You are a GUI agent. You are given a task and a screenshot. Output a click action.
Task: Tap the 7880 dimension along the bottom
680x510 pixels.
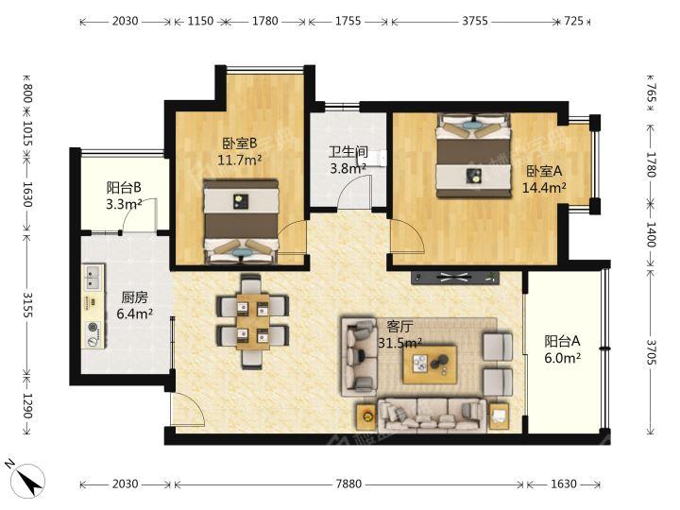(348, 484)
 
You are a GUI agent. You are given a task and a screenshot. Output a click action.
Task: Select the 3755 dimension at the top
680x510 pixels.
(474, 21)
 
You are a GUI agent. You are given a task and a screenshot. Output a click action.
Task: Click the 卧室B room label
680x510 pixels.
(240, 143)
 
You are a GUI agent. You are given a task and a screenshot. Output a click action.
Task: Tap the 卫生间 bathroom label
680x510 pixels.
(348, 152)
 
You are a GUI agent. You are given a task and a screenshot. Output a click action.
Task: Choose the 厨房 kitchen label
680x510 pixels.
(134, 297)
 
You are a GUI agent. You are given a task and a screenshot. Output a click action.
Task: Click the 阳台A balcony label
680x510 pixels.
(562, 341)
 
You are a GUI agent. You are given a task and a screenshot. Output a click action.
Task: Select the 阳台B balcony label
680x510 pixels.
(124, 188)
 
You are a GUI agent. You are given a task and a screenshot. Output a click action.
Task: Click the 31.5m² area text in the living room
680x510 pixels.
(399, 343)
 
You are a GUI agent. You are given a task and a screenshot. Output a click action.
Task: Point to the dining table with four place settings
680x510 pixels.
(252, 322)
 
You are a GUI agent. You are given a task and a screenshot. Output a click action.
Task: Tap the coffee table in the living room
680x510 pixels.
(430, 365)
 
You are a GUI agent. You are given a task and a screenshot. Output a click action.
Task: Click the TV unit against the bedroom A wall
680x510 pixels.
(455, 278)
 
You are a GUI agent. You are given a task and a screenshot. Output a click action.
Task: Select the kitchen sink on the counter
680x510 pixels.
(93, 278)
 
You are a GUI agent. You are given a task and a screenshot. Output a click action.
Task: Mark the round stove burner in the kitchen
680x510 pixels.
(92, 328)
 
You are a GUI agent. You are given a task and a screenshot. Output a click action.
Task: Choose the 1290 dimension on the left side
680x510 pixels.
(27, 406)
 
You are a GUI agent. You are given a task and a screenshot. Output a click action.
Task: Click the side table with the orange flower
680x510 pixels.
(366, 416)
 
